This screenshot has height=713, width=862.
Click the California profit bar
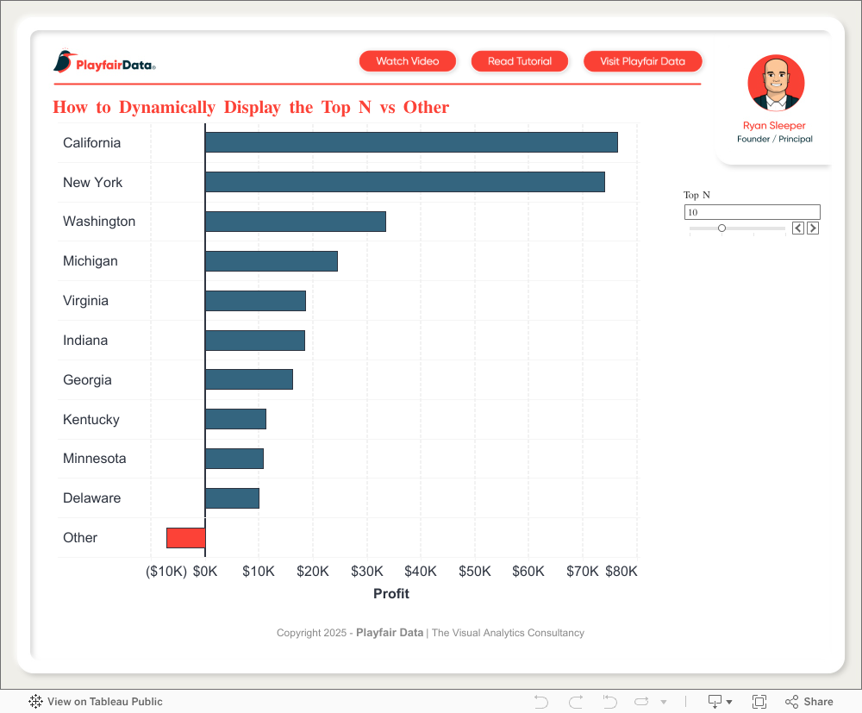(411, 142)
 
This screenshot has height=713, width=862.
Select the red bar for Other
(185, 538)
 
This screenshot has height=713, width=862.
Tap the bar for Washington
(295, 222)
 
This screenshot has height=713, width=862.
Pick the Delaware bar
(232, 498)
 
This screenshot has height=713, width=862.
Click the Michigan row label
(91, 261)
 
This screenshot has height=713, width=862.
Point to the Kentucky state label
(91, 420)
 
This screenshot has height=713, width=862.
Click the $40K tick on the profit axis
(421, 572)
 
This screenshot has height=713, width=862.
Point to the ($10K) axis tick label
(166, 572)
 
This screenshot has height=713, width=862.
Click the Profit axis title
(391, 594)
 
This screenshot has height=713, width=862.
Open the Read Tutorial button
(520, 61)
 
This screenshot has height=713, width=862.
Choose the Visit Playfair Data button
(643, 61)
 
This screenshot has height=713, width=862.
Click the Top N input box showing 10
(752, 212)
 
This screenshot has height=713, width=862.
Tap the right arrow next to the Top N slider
(813, 228)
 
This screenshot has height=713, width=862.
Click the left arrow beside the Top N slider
(798, 228)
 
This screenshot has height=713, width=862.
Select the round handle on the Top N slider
(721, 228)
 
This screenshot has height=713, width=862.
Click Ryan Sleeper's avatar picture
(776, 84)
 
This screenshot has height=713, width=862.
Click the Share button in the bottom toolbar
(809, 702)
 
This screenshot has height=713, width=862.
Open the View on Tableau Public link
(96, 702)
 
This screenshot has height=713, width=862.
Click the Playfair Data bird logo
(64, 61)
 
